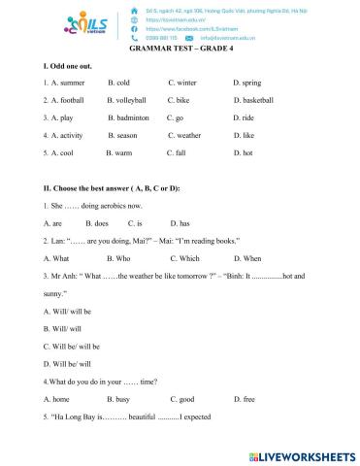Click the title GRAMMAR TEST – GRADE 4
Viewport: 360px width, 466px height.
[180, 50]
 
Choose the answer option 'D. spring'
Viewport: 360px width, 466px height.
[247, 83]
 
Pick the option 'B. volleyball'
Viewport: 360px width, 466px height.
[127, 100]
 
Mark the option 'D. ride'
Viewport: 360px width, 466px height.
[245, 117]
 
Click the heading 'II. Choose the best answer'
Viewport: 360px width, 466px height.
[113, 187]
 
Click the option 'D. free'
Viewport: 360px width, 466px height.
[243, 399]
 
